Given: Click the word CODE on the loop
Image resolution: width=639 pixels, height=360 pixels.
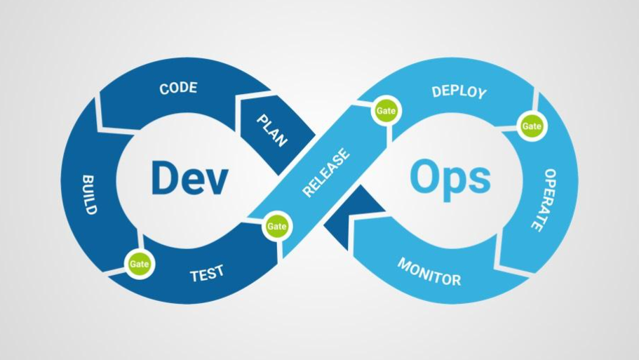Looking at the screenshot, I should (x=178, y=88).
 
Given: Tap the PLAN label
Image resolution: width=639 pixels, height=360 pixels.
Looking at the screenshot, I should (x=271, y=131).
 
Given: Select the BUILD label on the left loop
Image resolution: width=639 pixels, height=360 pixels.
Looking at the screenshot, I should (x=90, y=194).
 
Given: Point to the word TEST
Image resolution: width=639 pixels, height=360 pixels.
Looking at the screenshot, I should (x=207, y=272).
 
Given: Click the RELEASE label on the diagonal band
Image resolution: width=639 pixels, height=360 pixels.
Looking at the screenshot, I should (x=326, y=173).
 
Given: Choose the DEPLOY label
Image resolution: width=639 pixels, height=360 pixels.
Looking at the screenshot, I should (x=459, y=92).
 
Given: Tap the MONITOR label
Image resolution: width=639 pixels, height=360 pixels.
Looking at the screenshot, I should (x=429, y=272).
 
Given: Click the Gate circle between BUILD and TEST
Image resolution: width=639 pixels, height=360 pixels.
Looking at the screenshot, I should (x=137, y=264).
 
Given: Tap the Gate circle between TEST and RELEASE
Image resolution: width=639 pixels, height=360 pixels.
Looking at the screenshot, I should (x=277, y=226).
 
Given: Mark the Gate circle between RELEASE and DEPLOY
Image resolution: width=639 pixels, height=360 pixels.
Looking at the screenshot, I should (x=386, y=112).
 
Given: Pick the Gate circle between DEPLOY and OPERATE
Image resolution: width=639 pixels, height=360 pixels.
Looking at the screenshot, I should (x=531, y=126).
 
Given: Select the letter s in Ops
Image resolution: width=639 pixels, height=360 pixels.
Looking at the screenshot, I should (x=479, y=181).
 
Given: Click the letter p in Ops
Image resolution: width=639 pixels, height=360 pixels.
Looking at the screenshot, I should (x=453, y=184).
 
